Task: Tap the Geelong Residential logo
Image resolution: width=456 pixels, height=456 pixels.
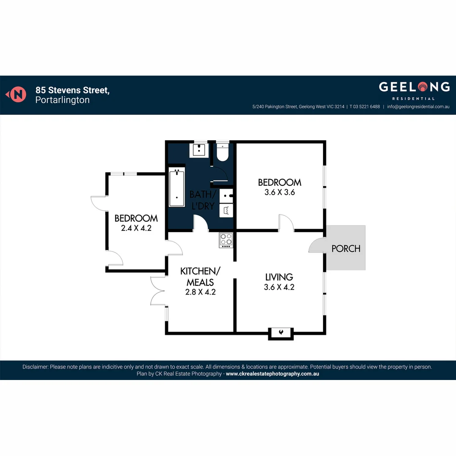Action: [x=414, y=90]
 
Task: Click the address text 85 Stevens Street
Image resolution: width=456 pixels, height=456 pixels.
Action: [x=73, y=90]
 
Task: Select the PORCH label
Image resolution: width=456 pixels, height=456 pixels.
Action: [x=346, y=248]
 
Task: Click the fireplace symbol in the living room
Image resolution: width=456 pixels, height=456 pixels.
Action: [x=281, y=333]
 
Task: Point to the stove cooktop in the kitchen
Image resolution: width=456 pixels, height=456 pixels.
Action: [x=226, y=240]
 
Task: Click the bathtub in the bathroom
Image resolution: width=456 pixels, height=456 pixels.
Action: [x=177, y=188]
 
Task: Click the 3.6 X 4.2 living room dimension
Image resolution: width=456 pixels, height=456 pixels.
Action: [x=279, y=287]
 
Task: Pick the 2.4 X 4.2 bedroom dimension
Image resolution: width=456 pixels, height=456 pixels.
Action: [x=136, y=228]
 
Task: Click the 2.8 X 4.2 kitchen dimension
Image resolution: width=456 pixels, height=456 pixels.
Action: [x=200, y=292]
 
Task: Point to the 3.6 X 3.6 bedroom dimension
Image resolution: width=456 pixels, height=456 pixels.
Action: [x=279, y=192]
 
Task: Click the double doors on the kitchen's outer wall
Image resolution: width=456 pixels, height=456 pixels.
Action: [x=158, y=291]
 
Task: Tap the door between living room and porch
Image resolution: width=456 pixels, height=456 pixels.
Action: [x=317, y=245]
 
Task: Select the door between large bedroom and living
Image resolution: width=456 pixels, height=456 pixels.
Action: [x=286, y=223]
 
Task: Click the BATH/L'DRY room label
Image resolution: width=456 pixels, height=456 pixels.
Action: [x=203, y=201]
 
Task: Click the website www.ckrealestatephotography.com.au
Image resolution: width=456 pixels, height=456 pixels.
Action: [x=272, y=374]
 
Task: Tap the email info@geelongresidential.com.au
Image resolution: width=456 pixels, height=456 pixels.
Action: [x=418, y=107]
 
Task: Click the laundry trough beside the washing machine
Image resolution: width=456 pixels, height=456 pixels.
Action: [x=226, y=195]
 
